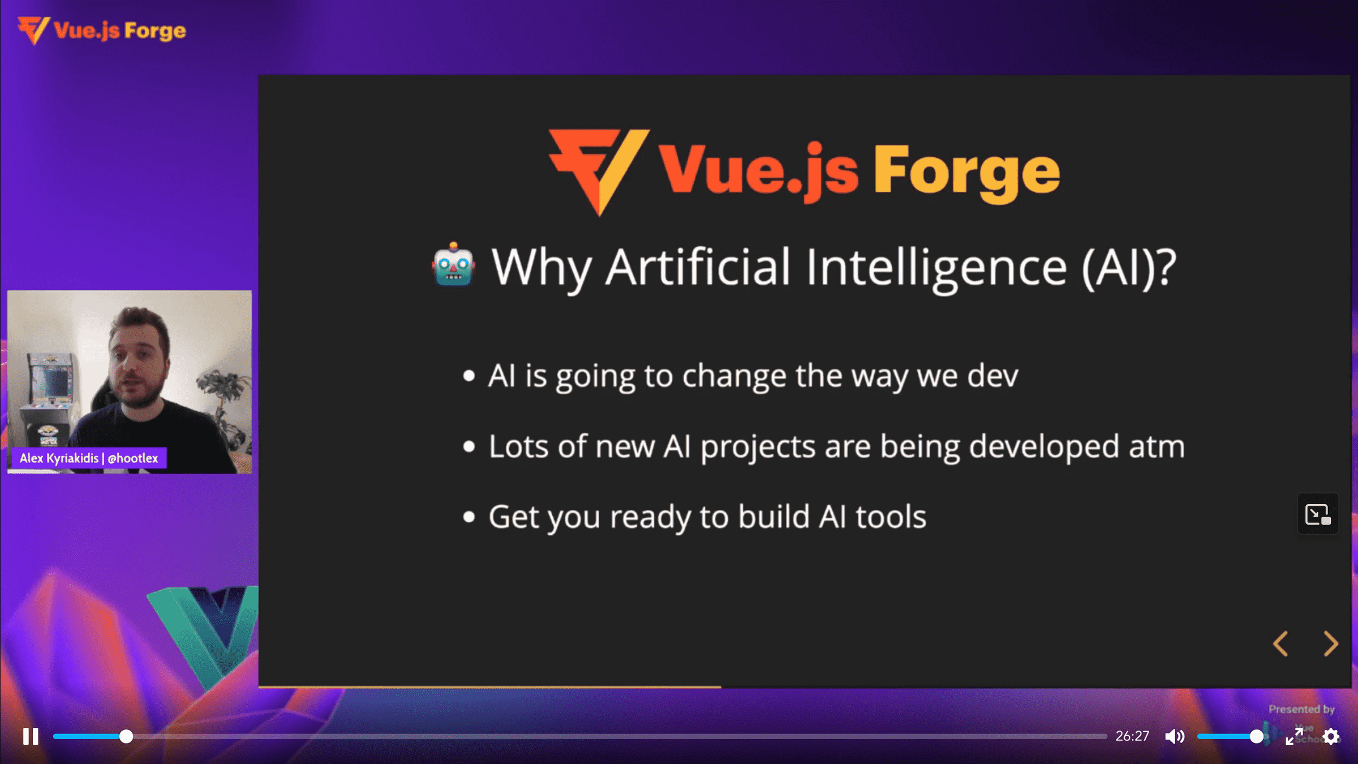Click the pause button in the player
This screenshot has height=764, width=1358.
coord(31,736)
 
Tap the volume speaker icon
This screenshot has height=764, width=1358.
coord(1175,736)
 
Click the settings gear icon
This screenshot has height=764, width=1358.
coord(1331,736)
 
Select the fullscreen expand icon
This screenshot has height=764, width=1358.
coord(1294,736)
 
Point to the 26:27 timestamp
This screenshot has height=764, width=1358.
coord(1132,736)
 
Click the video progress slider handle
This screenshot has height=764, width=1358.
coord(126,736)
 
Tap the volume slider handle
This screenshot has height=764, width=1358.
coord(1256,736)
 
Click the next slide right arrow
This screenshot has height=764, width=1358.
coord(1331,643)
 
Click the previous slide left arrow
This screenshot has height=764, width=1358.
coord(1280,643)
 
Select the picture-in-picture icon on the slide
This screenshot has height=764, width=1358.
coord(1318,514)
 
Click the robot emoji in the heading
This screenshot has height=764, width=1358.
coord(453,265)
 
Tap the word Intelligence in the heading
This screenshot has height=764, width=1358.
coord(936,268)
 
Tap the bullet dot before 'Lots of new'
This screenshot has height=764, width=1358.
coord(469,447)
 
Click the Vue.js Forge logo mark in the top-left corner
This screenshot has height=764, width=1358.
coord(34,31)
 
